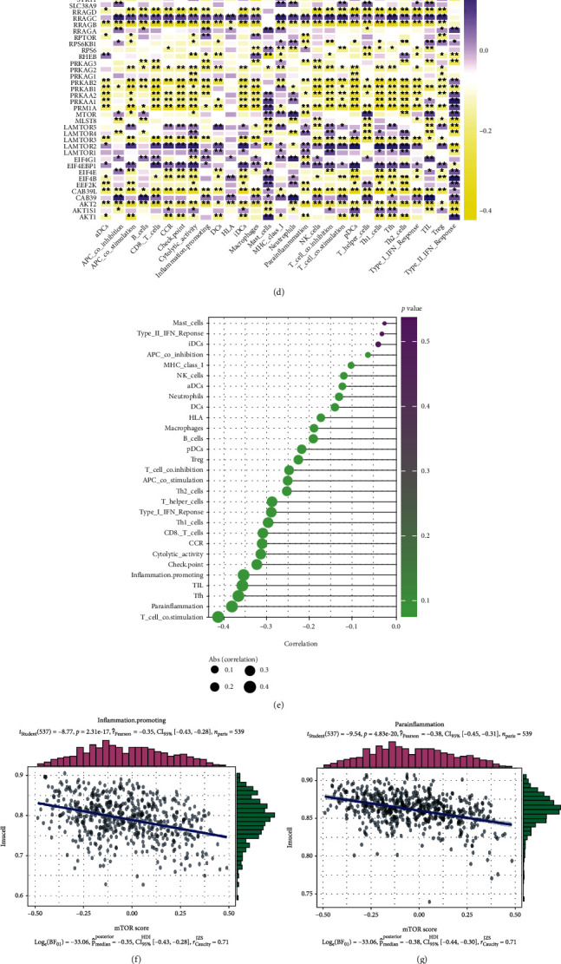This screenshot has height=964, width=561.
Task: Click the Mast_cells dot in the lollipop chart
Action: [x=385, y=324]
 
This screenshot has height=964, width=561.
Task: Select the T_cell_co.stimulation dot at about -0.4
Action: [x=219, y=617]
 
